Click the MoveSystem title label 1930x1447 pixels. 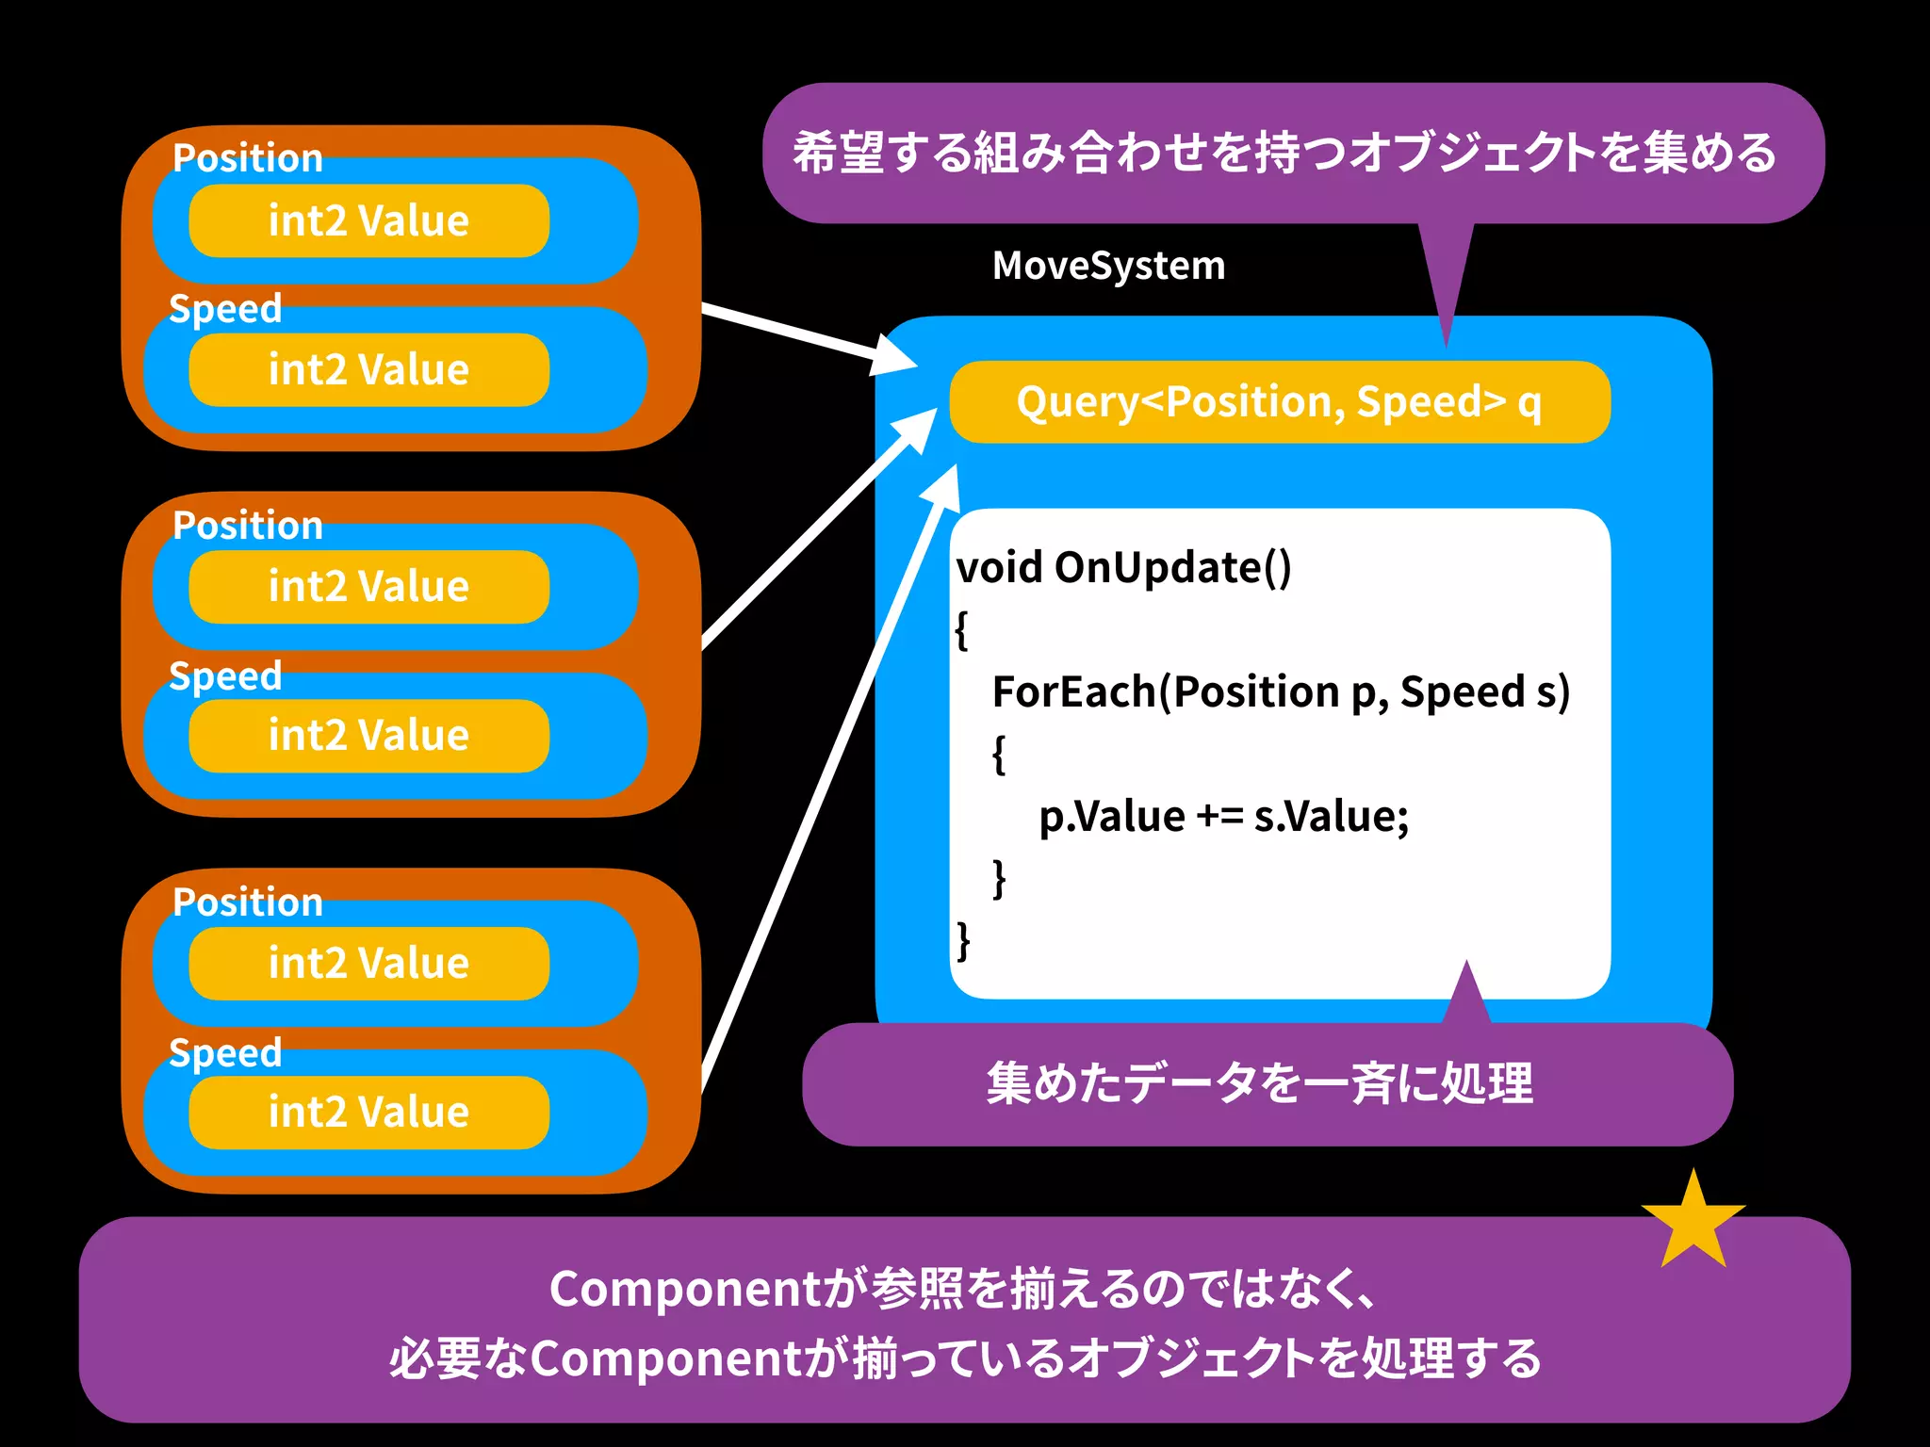pos(1108,267)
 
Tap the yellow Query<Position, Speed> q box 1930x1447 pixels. pos(1279,402)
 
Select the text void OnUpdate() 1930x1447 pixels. pos(1123,568)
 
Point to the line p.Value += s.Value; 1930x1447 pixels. pos(1223,817)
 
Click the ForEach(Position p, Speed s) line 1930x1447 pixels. pos(1281,692)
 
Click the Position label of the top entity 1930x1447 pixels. pos(248,158)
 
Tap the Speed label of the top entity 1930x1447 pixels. pos(225,309)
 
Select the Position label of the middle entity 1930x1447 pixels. pos(248,526)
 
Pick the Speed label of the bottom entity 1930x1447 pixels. pos(225,1053)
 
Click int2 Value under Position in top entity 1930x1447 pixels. pos(368,221)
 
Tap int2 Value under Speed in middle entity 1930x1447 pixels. pos(368,736)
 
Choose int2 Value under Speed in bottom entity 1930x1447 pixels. pos(368,1113)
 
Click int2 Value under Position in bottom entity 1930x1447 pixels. pos(368,964)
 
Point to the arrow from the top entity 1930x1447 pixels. pos(801,333)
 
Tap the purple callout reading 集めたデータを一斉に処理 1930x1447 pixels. pos(1261,1084)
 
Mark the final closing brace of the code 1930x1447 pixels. pos(962,940)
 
